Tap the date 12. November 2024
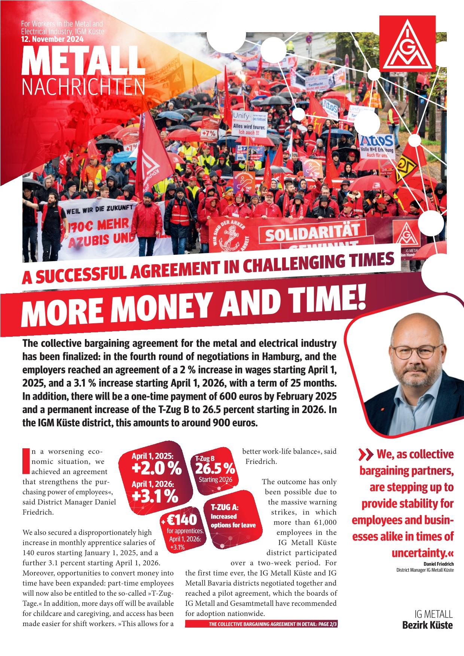[x=52, y=39]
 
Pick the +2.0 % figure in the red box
[x=156, y=468]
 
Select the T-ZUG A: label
[x=225, y=507]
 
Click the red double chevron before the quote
[x=366, y=455]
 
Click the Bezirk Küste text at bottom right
[x=427, y=625]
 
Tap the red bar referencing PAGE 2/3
[x=262, y=625]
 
